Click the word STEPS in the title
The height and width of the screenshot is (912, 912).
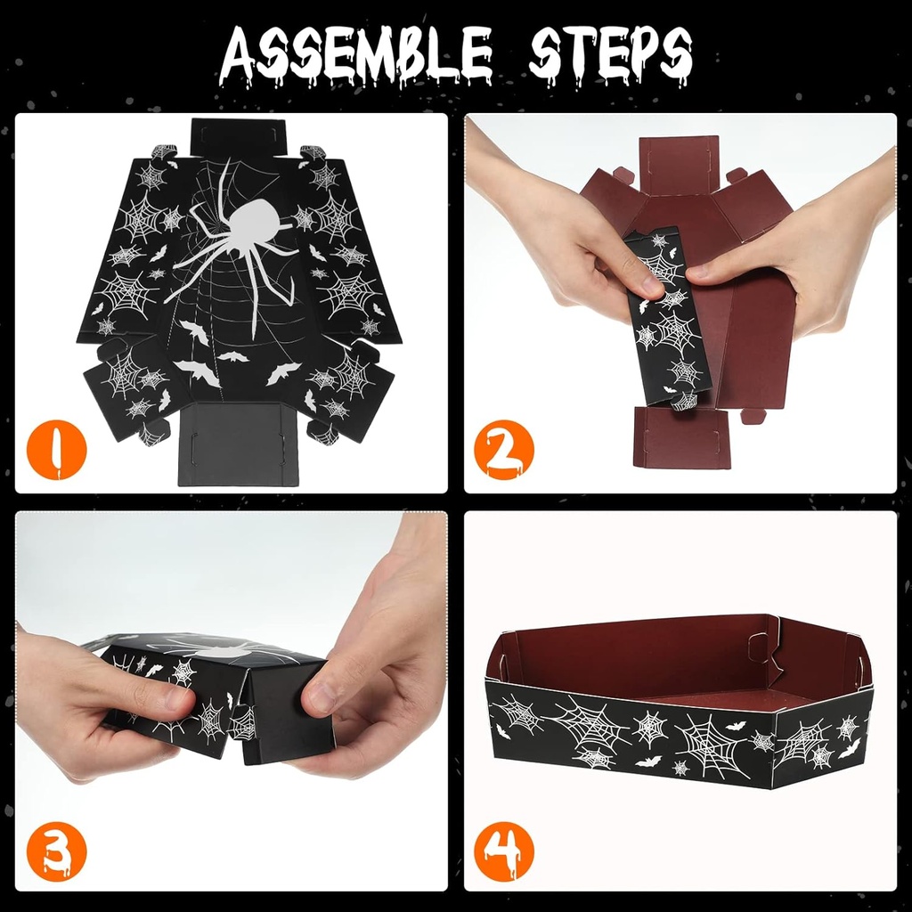point(610,56)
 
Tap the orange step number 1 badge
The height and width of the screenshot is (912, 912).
point(56,450)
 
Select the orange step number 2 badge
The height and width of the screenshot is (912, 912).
point(504,450)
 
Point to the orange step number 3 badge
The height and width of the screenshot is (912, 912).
point(56,851)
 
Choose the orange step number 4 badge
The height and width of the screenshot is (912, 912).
point(504,851)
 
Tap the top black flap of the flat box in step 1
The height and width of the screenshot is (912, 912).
point(239,137)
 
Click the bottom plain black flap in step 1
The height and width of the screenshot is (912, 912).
point(239,444)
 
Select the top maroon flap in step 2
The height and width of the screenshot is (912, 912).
point(680,167)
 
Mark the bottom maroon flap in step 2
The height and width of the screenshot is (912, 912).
point(681,437)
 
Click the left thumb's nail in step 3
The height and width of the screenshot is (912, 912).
point(177,696)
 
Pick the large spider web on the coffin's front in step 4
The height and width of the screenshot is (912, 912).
point(712,744)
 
